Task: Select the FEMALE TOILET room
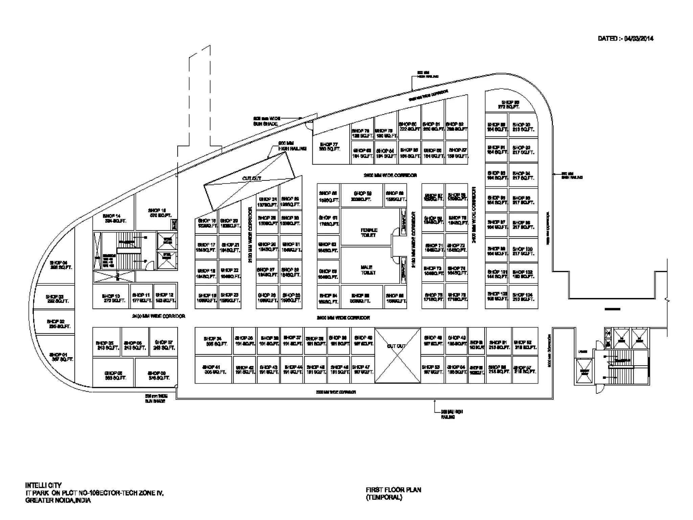369,232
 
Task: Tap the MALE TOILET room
368,270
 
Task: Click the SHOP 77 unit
330,147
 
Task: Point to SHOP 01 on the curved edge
61,357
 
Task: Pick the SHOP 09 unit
156,375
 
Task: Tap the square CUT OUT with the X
397,355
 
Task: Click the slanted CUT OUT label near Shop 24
252,178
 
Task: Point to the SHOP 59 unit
362,196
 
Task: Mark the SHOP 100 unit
523,251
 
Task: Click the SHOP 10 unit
111,298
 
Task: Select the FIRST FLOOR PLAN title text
393,490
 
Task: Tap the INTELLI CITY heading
43,485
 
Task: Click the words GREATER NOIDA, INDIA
58,500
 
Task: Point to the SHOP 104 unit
523,297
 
